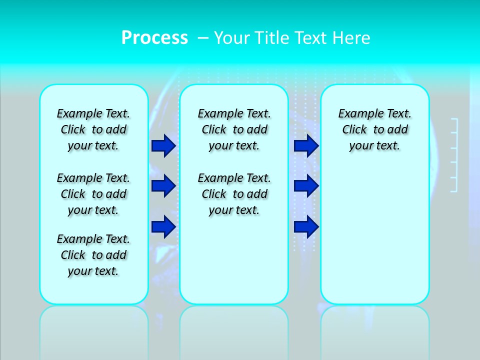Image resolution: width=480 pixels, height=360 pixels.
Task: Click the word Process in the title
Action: pos(154,37)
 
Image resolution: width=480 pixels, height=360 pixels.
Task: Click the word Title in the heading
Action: pos(273,37)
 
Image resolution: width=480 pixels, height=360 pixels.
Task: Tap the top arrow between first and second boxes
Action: pos(163,145)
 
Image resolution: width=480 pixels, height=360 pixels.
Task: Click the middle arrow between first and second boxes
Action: pos(163,186)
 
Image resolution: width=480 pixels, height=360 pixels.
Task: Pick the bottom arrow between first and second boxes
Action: pos(163,226)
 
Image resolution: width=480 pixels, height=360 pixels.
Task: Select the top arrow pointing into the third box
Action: pos(306,145)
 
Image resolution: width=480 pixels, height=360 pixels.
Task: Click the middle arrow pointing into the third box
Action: pos(306,186)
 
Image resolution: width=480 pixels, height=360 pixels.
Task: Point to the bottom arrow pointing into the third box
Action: pos(306,226)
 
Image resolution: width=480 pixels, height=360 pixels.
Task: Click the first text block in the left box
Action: pos(93,129)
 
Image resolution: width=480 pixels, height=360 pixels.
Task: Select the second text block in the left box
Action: pos(93,194)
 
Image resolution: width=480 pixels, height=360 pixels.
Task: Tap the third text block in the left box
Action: pos(93,255)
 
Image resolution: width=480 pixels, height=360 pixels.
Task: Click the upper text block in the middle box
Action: pos(234,129)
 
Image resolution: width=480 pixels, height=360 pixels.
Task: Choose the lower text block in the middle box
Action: pos(234,194)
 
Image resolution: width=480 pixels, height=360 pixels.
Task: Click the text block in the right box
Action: pos(374,129)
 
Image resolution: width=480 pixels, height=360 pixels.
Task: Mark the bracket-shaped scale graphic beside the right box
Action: pos(454,155)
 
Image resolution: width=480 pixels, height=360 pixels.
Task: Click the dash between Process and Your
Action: pos(203,38)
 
